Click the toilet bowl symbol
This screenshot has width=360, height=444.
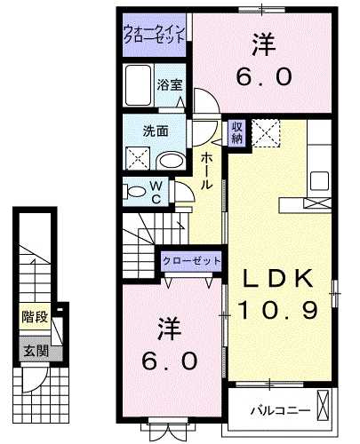pyautogui.click(x=135, y=190)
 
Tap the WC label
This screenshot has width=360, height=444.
pyautogui.click(x=156, y=192)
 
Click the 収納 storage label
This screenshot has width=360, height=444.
pyautogui.click(x=237, y=133)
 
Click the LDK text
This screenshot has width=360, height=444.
pyautogui.click(x=278, y=278)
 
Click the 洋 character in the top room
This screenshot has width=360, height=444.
pyautogui.click(x=262, y=43)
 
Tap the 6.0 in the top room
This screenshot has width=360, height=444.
pyautogui.click(x=262, y=77)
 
